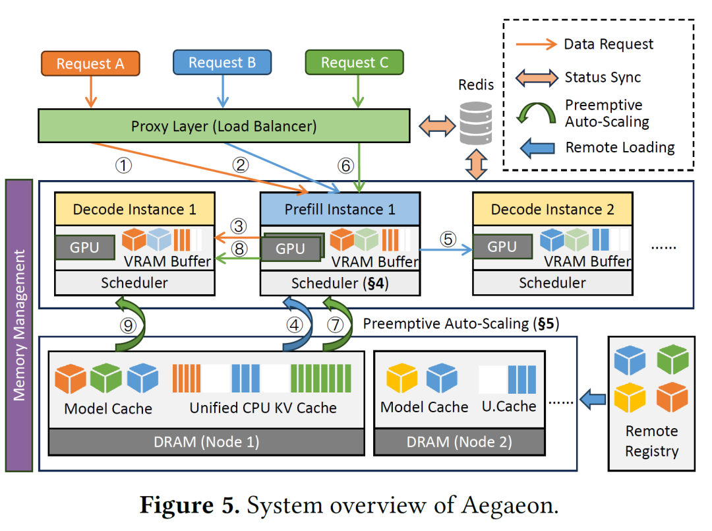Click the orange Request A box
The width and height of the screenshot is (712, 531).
90,63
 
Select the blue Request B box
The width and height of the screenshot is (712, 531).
222,63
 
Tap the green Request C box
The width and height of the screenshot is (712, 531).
355,63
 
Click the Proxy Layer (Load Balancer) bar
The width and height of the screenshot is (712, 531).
223,126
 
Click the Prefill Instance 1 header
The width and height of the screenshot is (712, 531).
340,209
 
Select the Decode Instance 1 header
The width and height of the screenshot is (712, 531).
134,209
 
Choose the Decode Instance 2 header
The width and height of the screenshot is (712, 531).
552,209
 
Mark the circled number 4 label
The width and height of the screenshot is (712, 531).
293,325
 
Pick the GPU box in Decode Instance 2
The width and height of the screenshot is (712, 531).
502,246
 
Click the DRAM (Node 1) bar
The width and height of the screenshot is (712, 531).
207,441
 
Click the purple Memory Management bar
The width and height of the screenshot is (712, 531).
18,325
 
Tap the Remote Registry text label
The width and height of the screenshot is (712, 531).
651,441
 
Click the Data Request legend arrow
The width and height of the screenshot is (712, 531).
535,44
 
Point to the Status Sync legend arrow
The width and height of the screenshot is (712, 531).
535,77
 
